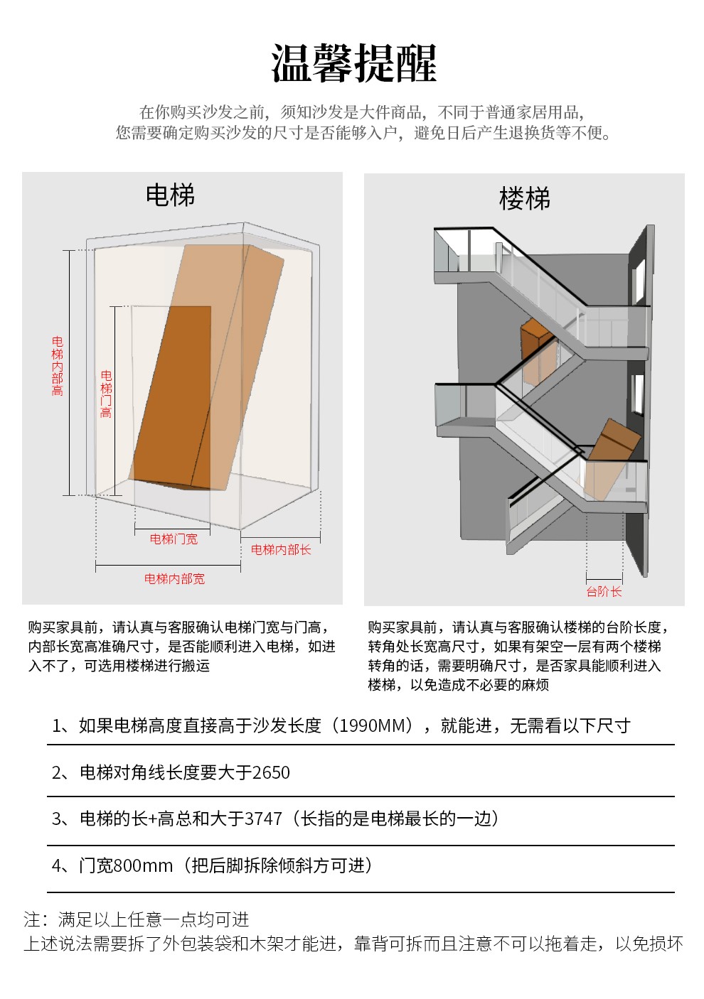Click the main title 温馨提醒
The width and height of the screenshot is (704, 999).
pos(353,63)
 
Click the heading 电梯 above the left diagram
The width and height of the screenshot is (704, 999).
pos(170,195)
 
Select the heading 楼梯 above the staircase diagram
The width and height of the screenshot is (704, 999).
pos(525,199)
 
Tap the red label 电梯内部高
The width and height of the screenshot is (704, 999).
pos(58,366)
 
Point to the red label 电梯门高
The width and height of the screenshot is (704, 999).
pos(106,394)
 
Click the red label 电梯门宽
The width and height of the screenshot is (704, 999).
pos(174,539)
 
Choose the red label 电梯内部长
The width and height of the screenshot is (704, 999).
pos(281,549)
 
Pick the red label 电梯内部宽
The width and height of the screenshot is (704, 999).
pos(174,579)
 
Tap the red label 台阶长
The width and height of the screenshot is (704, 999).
pos(604,591)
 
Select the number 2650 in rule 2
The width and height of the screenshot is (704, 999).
pos(271,772)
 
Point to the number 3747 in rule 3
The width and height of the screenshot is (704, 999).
pos(263,819)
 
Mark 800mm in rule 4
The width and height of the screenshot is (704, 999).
pos(143,865)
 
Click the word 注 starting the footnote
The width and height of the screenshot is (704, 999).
pos(32,919)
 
